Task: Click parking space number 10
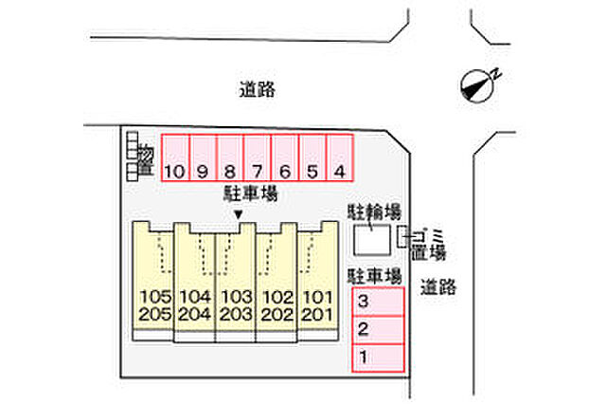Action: [175, 157]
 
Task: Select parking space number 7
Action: [258, 157]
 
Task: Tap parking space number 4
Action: [340, 157]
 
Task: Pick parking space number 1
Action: [378, 358]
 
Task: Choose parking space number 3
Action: [378, 302]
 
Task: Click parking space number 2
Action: [378, 330]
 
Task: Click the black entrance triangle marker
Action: [239, 214]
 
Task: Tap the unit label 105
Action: [155, 297]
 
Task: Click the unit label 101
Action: [317, 297]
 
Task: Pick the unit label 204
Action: [195, 314]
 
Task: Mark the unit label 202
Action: [277, 314]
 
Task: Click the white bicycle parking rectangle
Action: [372, 240]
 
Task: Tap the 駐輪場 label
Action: [374, 211]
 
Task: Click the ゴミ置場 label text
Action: [428, 245]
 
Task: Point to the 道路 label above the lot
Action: [258, 90]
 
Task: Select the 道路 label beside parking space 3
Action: [438, 287]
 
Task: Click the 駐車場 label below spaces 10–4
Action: [251, 193]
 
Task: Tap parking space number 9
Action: [203, 157]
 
